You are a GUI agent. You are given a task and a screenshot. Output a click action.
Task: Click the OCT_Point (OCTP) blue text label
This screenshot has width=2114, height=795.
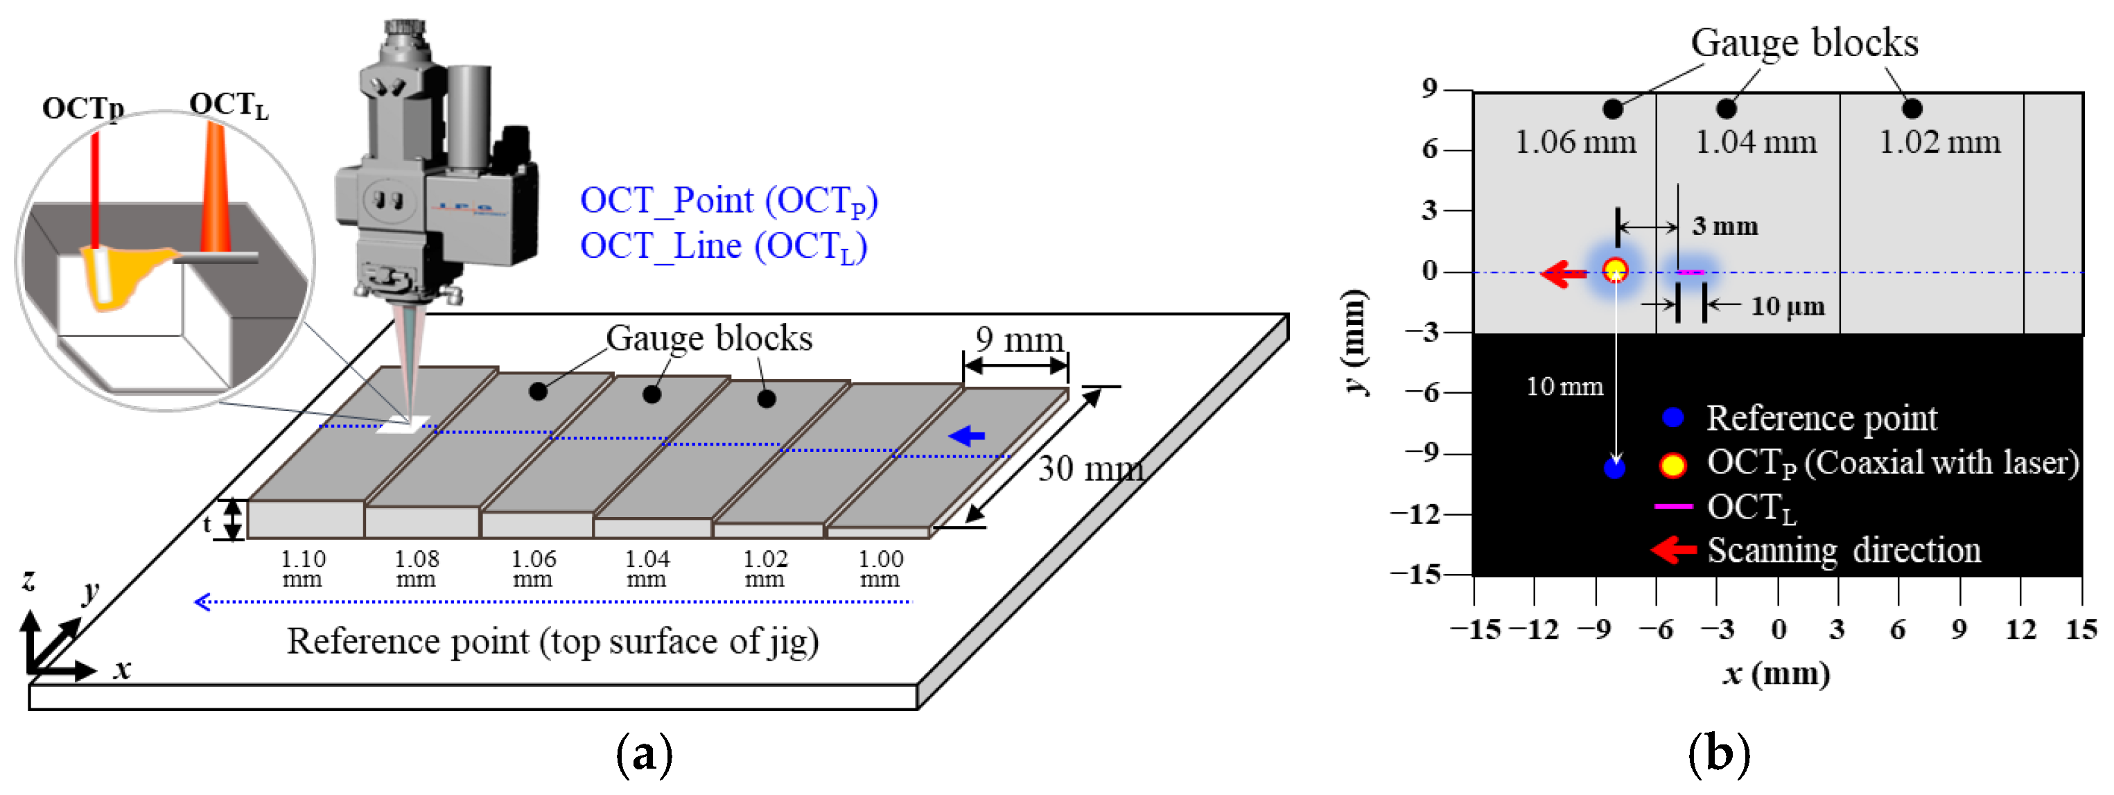point(728,201)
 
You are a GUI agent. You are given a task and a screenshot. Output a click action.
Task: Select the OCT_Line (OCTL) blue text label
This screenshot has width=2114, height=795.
point(723,247)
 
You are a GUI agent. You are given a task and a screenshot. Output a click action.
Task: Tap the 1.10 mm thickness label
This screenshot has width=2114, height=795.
point(303,568)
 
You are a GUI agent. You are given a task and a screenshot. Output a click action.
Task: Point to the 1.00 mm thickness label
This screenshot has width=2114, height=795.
point(880,568)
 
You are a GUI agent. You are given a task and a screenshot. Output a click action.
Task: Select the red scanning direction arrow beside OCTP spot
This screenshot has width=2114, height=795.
point(1564,273)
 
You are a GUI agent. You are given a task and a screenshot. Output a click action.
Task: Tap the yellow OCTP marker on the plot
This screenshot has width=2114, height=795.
point(1615,271)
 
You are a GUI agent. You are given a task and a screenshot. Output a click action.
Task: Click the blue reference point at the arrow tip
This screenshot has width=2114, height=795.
point(1614,469)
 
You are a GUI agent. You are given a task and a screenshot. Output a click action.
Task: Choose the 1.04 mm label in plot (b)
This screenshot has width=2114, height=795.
point(1756,143)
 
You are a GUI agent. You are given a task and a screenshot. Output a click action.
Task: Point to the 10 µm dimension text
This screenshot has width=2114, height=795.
point(1788,307)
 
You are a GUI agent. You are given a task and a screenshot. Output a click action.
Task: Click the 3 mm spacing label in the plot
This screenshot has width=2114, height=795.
point(1724,226)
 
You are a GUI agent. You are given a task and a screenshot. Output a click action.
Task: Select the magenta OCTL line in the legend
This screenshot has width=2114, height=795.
point(1672,506)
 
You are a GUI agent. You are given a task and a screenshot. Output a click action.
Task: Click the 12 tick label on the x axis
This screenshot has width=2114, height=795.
point(2020,630)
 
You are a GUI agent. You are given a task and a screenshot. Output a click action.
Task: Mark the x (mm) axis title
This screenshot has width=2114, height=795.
point(1776,674)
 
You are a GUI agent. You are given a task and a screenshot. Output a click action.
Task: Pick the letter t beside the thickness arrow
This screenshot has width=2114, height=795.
point(207,523)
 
